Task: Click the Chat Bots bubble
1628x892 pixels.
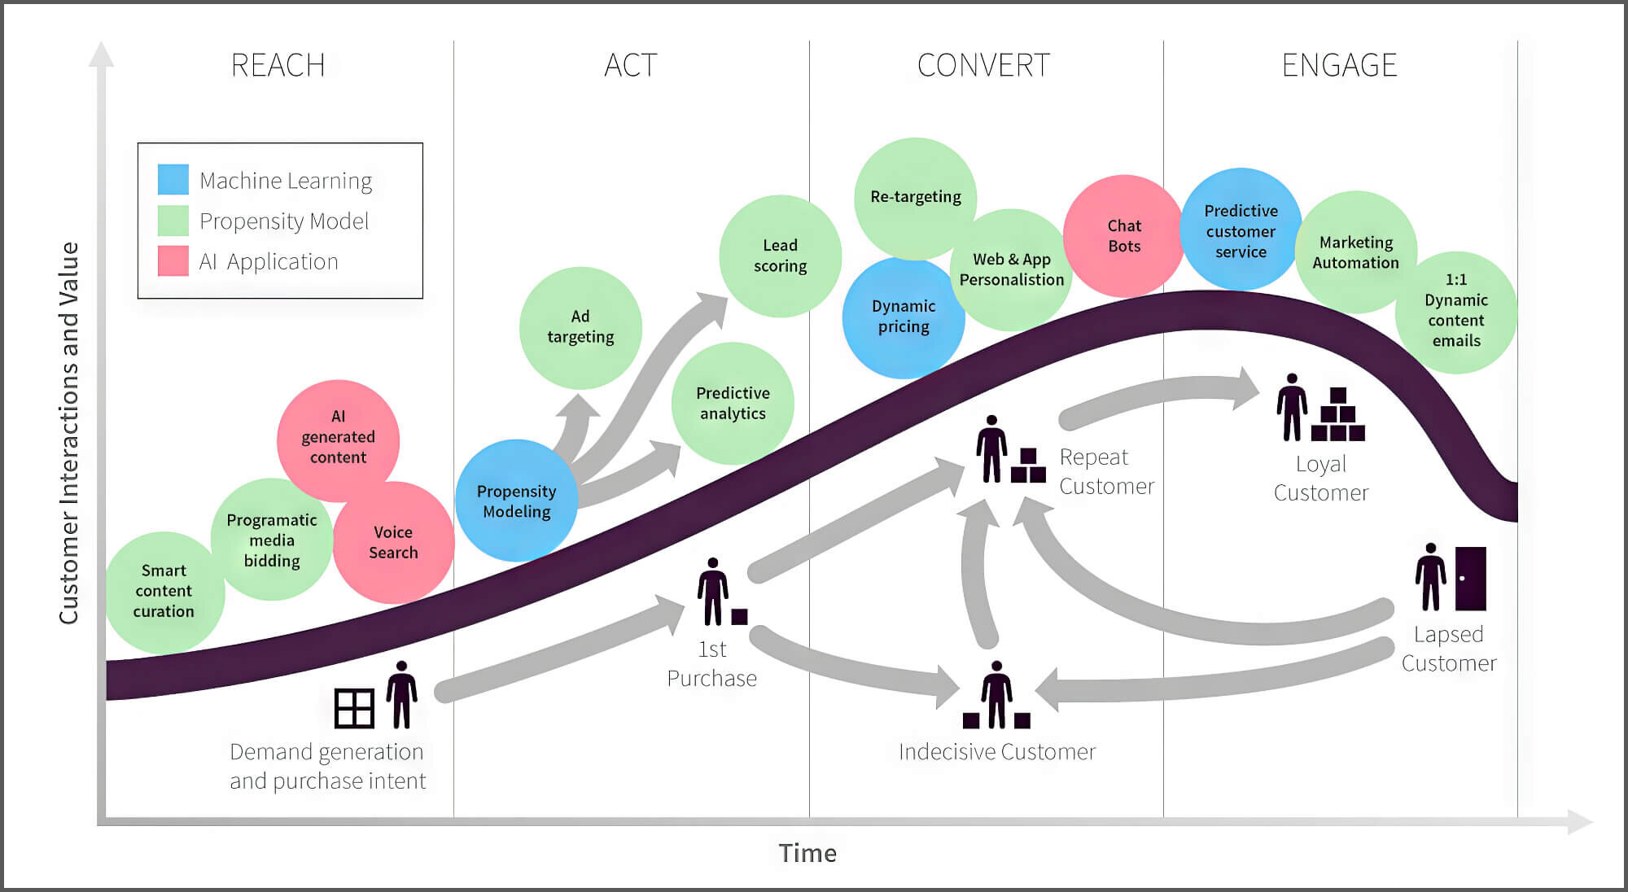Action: [1123, 236]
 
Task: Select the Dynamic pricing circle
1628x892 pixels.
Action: [903, 317]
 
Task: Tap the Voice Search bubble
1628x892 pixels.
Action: [393, 542]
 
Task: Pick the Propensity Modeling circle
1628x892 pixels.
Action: [516, 501]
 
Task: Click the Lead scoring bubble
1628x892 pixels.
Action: [780, 256]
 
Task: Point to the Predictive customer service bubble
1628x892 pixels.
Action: [1241, 230]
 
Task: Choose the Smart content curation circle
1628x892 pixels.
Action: [164, 592]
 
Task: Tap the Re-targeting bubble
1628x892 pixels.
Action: [915, 197]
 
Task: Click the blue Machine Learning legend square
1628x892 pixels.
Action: [173, 180]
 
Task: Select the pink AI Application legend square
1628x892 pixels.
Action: [173, 261]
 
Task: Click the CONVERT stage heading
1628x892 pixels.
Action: [983, 65]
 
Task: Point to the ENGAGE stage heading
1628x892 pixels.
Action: [1339, 65]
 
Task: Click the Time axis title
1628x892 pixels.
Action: [807, 853]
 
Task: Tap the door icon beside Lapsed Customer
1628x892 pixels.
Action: [1470, 579]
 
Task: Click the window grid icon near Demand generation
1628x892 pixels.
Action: [354, 708]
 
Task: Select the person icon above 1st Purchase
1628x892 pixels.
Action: [713, 592]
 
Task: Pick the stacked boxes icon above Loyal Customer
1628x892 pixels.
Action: [1337, 415]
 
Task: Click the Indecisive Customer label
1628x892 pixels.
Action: [997, 751]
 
